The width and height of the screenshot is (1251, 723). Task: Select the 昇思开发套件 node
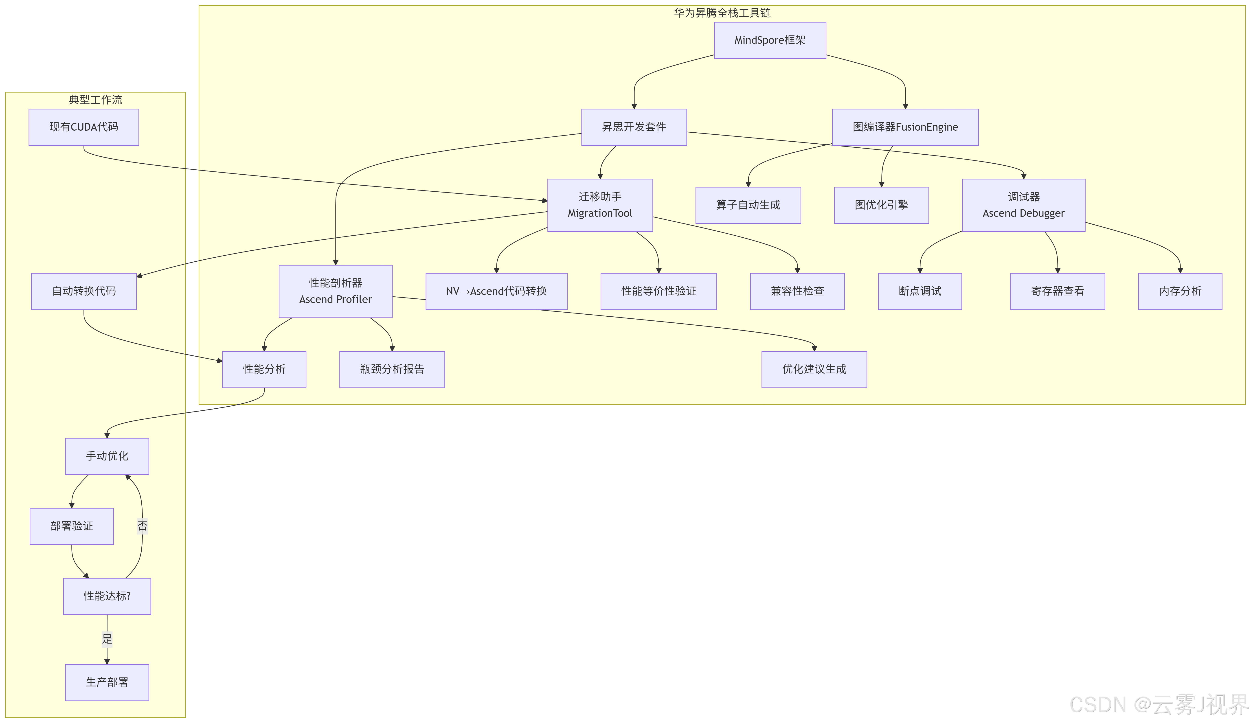(x=634, y=127)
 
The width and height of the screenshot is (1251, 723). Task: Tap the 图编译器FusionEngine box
(x=905, y=127)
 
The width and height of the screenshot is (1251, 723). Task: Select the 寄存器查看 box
(x=1057, y=291)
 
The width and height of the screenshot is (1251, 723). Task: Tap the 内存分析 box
(x=1180, y=291)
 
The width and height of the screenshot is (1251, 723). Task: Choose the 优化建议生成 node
(x=814, y=369)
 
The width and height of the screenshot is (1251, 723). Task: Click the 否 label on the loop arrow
(x=142, y=526)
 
